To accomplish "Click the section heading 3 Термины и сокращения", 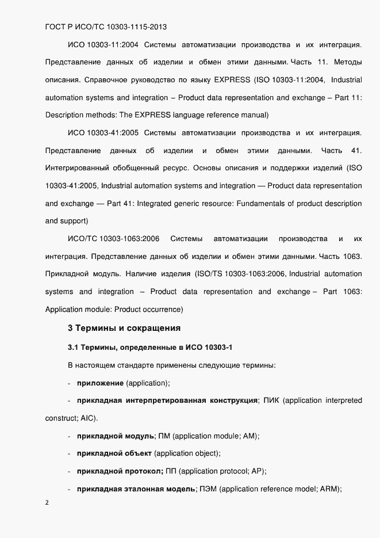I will click(124, 329).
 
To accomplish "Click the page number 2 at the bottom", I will click(47, 502).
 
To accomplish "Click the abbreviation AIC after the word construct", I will click(89, 418).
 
